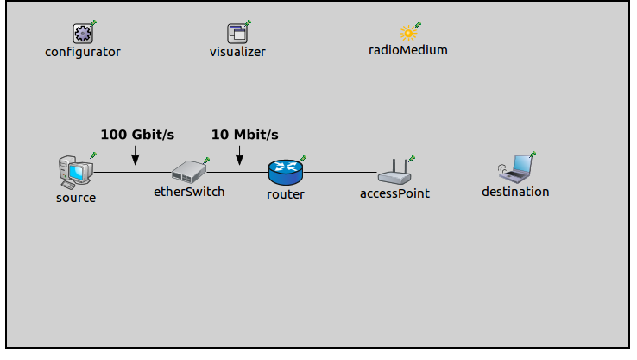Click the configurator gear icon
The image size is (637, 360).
pos(82,33)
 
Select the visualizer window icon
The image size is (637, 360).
pos(237,33)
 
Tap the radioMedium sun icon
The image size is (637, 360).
pos(407,33)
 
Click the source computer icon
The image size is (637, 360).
pos(74,172)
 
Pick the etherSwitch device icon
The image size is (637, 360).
pos(188,171)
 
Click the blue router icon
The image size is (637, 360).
pos(285,172)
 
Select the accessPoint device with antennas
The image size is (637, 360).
pos(394,173)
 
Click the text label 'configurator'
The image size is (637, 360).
pos(83,52)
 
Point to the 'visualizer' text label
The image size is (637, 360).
pos(237,52)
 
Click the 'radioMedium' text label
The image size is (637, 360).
pos(408,50)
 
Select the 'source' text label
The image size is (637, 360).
pos(76,198)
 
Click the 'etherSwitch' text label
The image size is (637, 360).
pos(189,192)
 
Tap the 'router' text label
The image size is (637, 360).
pos(285,194)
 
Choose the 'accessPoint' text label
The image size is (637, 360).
pos(394,193)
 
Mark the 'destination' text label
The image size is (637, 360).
pos(515,192)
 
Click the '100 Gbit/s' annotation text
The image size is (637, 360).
pos(137,135)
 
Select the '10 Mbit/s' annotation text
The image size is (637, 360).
pos(245,135)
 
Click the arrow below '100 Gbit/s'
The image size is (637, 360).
pos(135,155)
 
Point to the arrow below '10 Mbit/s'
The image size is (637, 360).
pos(240,155)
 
